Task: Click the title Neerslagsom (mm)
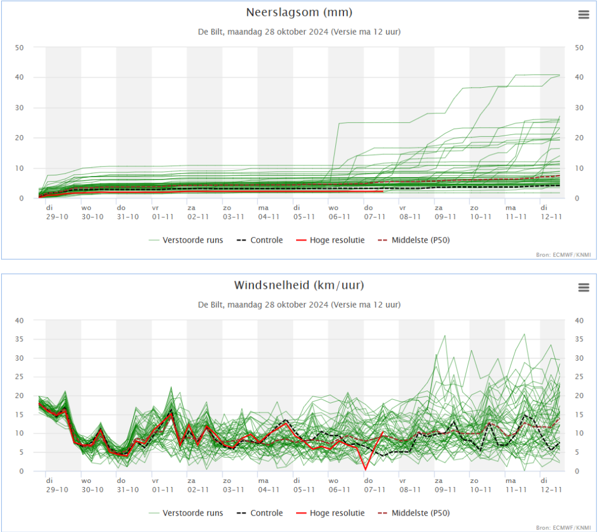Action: (x=299, y=13)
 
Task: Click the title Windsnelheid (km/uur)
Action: (x=299, y=285)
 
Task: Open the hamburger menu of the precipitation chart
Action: (x=583, y=15)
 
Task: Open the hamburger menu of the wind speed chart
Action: (x=583, y=287)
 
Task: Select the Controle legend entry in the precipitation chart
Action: (x=260, y=240)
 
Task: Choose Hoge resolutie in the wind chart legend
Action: (x=331, y=513)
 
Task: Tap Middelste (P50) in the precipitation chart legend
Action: (x=414, y=240)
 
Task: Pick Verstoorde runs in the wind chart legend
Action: (x=186, y=513)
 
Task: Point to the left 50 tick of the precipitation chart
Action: (x=19, y=48)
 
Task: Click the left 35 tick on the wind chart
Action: (x=19, y=339)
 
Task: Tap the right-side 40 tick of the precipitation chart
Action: (x=579, y=77)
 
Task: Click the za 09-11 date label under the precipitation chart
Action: (x=446, y=212)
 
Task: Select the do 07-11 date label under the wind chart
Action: (x=374, y=485)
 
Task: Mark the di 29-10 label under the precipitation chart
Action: (x=57, y=212)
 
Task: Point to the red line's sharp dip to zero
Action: (x=366, y=469)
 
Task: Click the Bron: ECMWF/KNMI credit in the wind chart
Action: (x=564, y=527)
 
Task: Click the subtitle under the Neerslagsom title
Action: (x=299, y=32)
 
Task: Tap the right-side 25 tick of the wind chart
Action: (x=579, y=376)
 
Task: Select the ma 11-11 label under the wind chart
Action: (x=516, y=485)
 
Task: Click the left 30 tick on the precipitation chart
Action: (x=19, y=108)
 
